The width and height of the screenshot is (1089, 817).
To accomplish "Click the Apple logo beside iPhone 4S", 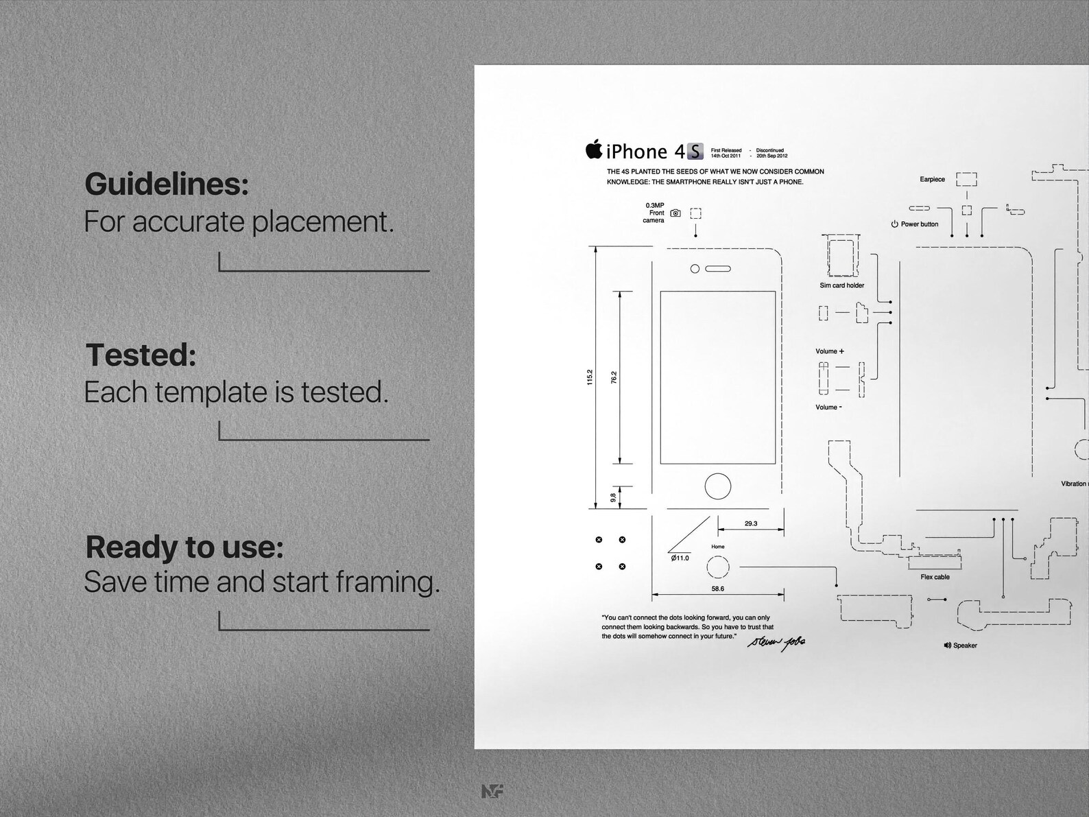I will tap(594, 149).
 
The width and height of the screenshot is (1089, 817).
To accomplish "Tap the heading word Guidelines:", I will tap(166, 184).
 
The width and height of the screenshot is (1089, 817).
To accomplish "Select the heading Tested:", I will tap(141, 355).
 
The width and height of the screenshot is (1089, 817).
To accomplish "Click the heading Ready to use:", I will tap(184, 547).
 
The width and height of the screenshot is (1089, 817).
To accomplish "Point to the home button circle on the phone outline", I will tap(717, 486).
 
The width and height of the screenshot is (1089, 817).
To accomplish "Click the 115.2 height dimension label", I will tap(590, 377).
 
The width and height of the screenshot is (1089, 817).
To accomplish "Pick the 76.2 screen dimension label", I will tap(614, 377).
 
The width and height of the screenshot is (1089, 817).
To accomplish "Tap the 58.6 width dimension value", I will tap(717, 589).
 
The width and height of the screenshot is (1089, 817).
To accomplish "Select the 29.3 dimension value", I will tap(750, 523).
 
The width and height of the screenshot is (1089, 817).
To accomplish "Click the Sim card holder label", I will tap(841, 285).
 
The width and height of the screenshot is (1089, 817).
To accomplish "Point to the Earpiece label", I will tap(932, 180).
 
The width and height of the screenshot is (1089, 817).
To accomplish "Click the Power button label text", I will tap(919, 224).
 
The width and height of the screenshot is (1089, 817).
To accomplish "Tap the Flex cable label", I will tap(935, 577).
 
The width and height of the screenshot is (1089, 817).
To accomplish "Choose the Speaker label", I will tap(964, 646).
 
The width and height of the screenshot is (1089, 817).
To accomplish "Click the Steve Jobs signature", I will tap(776, 641).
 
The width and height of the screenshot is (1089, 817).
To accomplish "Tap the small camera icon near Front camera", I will tap(675, 213).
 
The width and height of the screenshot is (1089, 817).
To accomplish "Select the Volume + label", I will tap(829, 351).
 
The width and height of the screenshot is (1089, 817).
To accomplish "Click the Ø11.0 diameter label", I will tap(680, 558).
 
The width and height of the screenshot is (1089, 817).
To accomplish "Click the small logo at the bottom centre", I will tap(492, 791).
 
